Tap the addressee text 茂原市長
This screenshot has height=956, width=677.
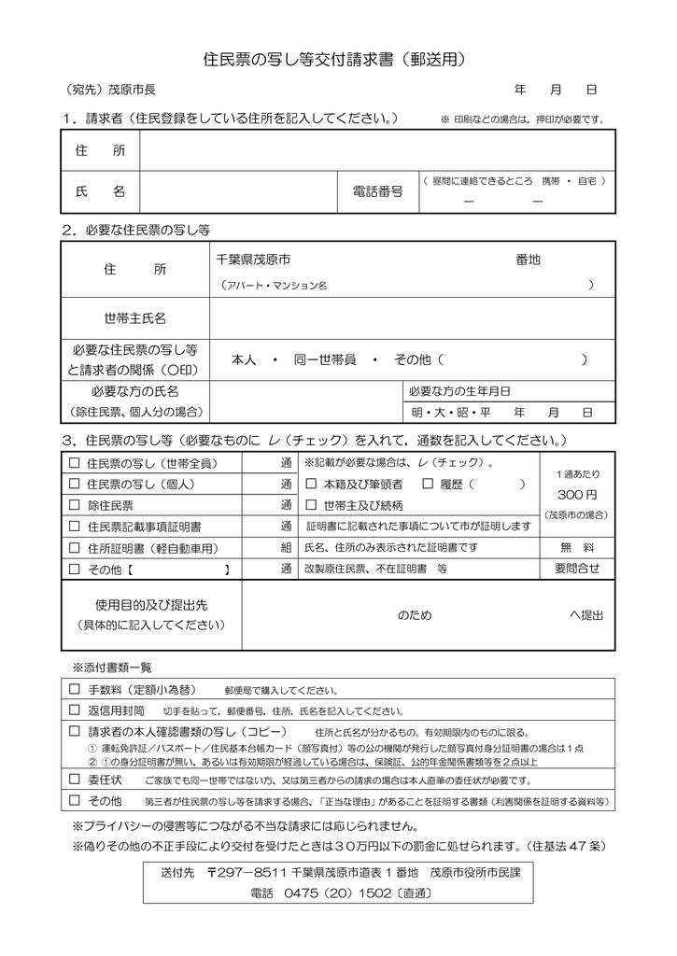132,91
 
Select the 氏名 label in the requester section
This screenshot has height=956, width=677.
99,191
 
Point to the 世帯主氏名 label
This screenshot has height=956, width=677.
134,319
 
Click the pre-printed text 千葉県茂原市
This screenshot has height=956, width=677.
252,260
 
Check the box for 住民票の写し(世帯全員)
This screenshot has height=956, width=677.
75,463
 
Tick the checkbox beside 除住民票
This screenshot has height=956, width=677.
75,505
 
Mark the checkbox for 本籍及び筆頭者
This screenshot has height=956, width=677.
312,485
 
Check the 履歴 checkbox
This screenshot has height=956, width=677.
429,485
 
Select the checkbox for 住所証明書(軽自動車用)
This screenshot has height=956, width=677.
75,548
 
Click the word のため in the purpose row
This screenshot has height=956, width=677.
415,615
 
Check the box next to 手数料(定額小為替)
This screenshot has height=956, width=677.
75,690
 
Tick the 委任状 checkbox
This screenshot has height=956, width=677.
75,780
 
